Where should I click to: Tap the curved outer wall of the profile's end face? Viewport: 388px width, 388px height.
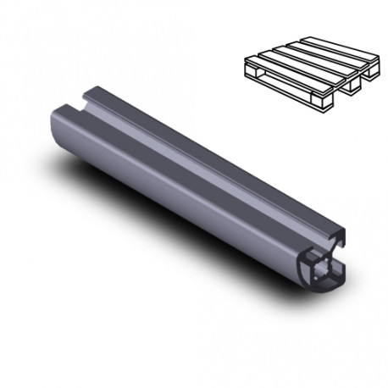[308, 273]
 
